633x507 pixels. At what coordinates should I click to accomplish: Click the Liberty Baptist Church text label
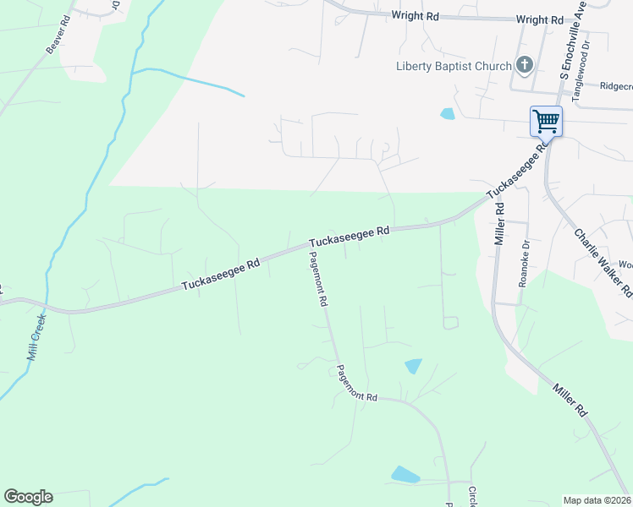pyautogui.click(x=454, y=67)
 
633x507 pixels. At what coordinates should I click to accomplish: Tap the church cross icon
pyautogui.click(x=524, y=65)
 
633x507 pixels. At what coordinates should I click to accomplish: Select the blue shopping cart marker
pyautogui.click(x=546, y=121)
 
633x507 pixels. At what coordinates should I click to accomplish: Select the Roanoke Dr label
pyautogui.click(x=524, y=264)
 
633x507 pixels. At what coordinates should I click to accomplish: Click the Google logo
pyautogui.click(x=28, y=497)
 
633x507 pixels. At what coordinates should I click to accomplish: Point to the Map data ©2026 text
pyautogui.click(x=597, y=500)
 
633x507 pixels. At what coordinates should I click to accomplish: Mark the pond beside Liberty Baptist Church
pyautogui.click(x=447, y=113)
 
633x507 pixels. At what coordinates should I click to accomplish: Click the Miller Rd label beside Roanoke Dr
pyautogui.click(x=500, y=224)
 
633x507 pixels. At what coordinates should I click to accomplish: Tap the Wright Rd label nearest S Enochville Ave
pyautogui.click(x=539, y=19)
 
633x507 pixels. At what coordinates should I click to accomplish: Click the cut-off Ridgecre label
pyautogui.click(x=615, y=85)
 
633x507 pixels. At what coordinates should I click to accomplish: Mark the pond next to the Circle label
pyautogui.click(x=405, y=475)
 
